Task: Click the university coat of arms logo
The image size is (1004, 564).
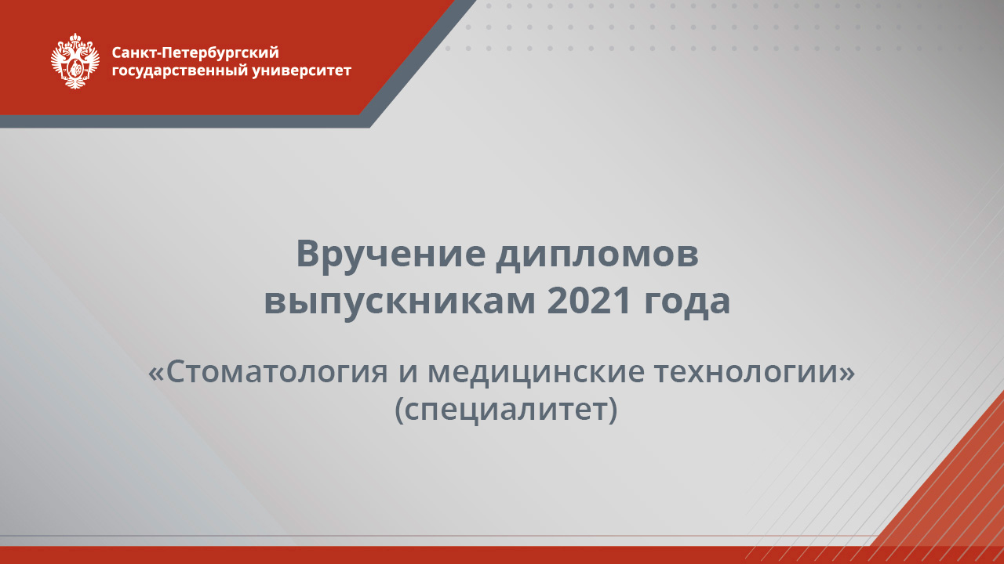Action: click(x=75, y=61)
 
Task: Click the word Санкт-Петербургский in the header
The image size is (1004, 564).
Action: click(x=195, y=53)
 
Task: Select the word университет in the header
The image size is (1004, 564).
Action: click(x=303, y=71)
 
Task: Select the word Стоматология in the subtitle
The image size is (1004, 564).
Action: click(x=277, y=372)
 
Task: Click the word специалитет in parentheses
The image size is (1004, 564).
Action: click(x=505, y=409)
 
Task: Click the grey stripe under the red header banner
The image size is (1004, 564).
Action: click(x=180, y=121)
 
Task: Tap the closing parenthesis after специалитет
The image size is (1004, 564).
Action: click(x=613, y=410)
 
